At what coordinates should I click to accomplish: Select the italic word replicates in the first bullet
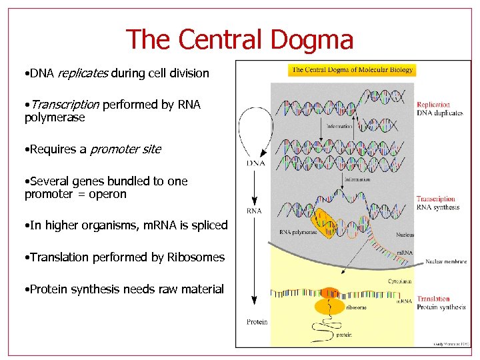(x=83, y=73)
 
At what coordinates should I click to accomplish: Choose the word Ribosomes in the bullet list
(x=198, y=257)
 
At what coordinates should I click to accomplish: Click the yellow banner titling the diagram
(x=353, y=70)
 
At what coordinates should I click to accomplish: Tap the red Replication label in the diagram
(x=433, y=105)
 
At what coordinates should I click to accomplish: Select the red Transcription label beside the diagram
(x=436, y=199)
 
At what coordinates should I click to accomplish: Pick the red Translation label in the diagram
(x=433, y=299)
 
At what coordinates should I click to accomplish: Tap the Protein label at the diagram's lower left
(x=257, y=322)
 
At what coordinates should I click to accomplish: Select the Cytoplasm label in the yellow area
(x=400, y=281)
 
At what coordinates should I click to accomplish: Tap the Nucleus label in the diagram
(x=404, y=235)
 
